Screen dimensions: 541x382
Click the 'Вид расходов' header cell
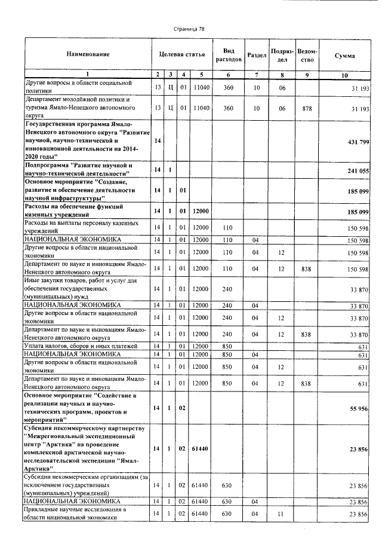pos(227,55)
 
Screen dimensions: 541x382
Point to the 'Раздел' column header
pos(256,55)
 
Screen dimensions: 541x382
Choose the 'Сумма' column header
pos(344,55)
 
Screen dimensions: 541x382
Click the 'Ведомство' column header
pos(307,55)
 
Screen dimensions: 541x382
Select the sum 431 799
pos(359,140)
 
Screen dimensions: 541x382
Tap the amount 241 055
pos(359,170)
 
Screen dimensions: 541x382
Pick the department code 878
pos(307,108)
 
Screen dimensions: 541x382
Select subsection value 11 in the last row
pos(282,514)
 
